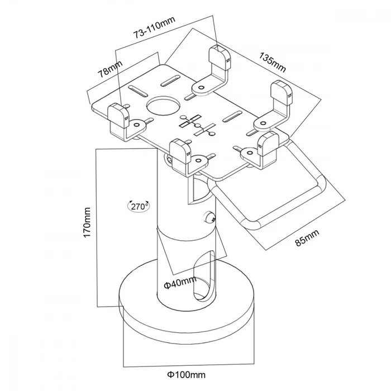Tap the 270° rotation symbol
(x=138, y=206)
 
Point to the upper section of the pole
(x=176, y=195)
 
